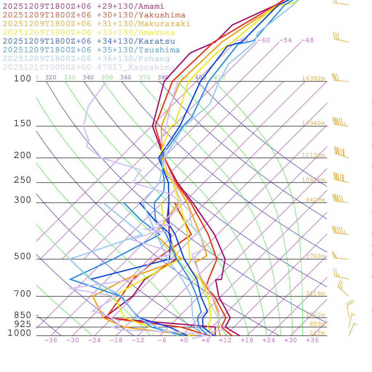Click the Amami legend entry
83,7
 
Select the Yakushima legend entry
94,15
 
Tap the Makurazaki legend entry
96,24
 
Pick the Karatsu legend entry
89,41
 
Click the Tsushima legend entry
91,50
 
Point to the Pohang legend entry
86,59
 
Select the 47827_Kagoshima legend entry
89,68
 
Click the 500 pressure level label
23,256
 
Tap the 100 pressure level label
23,78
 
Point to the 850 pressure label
23,315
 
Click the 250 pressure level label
23,180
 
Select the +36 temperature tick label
312,340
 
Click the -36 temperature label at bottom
50,340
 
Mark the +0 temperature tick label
184,340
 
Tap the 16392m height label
313,78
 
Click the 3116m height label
315,294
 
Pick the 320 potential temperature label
51,77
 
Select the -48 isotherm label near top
307,40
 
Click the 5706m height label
315,256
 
